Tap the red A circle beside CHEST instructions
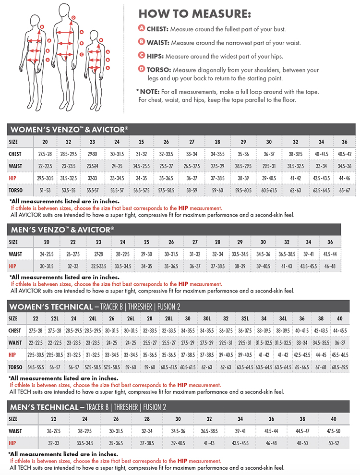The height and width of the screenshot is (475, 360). (142, 28)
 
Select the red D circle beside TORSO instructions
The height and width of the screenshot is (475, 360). (142, 69)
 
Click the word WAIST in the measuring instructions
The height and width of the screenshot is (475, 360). (157, 42)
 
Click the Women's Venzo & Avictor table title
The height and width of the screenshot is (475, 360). (69, 130)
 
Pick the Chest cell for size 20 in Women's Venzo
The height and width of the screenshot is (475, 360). (45, 154)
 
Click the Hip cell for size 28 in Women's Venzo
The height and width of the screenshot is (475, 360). (217, 178)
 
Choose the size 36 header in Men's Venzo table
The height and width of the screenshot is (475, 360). (330, 242)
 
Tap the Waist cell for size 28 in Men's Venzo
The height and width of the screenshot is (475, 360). (217, 254)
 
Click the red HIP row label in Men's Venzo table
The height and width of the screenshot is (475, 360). (13, 266)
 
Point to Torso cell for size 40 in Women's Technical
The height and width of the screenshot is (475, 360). (340, 367)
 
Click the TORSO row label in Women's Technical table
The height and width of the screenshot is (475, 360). (15, 367)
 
